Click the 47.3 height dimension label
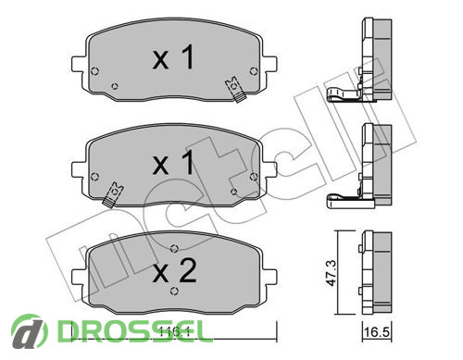(x=332, y=273)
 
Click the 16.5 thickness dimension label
(x=377, y=332)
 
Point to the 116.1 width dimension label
(x=174, y=332)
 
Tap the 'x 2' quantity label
(x=175, y=271)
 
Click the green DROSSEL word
(x=135, y=331)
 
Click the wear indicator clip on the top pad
(x=235, y=90)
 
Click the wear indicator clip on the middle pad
(x=112, y=194)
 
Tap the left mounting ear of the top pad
(x=78, y=65)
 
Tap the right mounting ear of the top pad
(x=269, y=65)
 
